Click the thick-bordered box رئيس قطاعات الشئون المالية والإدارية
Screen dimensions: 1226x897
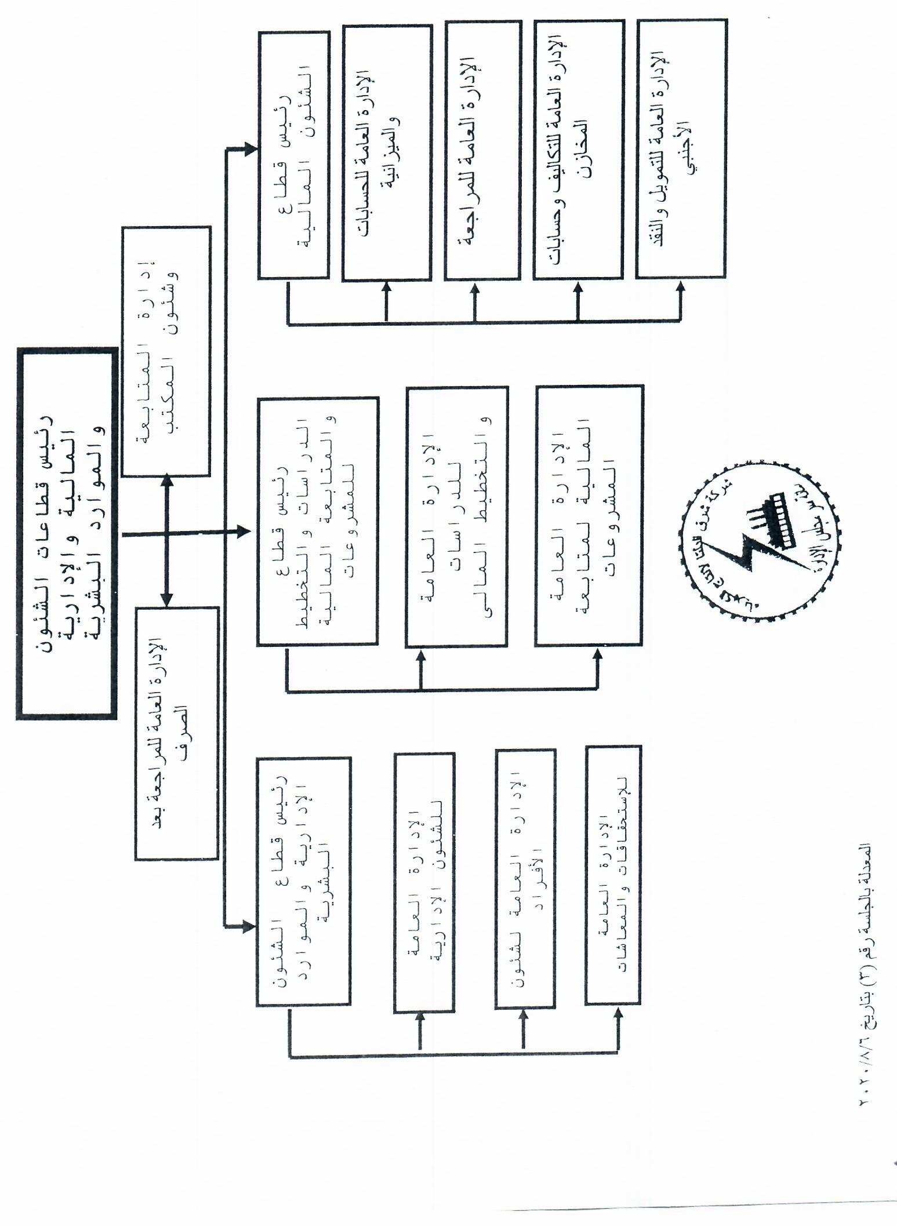66,533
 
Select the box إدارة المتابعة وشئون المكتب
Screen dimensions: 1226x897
166,351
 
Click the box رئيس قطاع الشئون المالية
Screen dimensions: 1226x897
293,155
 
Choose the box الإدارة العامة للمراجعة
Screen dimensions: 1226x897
482,150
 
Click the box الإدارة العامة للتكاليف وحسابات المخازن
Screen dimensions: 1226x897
578,150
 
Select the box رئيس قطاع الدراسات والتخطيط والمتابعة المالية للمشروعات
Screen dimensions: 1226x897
317,521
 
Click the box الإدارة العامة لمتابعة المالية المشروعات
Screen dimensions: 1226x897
589,515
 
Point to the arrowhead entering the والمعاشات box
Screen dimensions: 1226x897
618,1013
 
